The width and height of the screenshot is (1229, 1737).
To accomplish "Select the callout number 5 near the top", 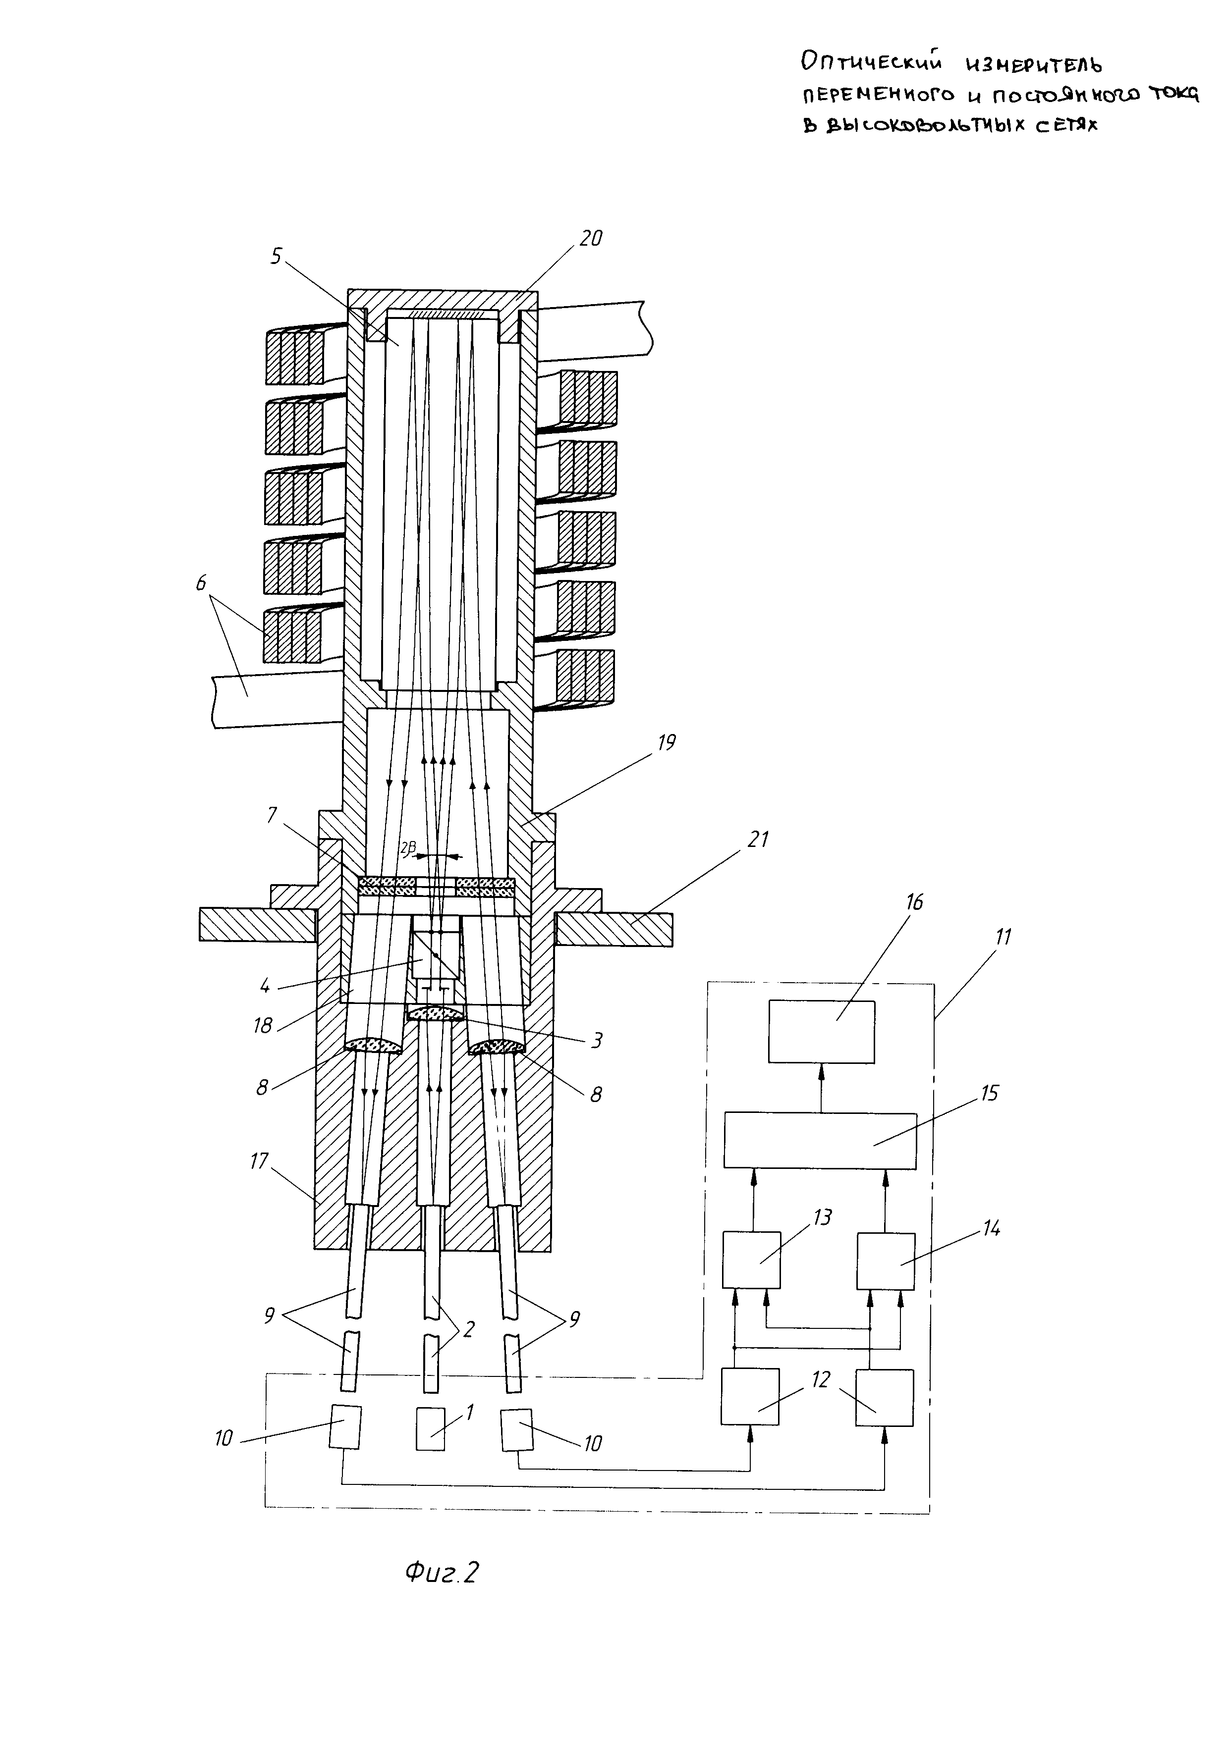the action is pos(276,257).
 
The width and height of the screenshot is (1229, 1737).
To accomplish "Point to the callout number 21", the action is pos(758,839).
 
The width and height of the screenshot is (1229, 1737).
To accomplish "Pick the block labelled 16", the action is pos(822,1032).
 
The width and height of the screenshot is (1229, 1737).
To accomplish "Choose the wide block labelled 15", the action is pos(820,1140).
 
